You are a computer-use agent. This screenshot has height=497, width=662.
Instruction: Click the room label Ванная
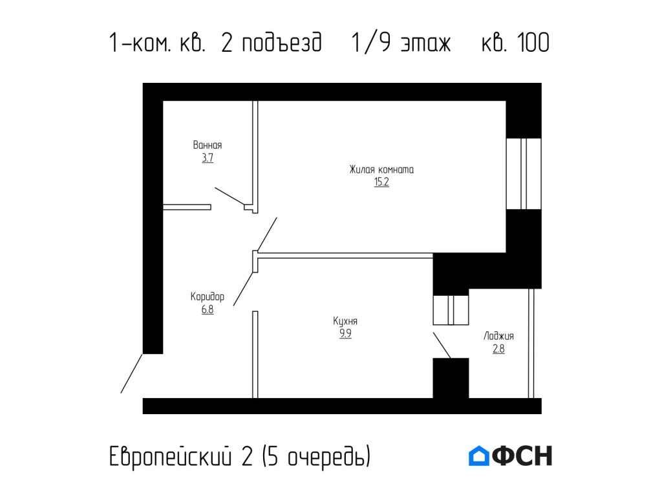tap(207, 146)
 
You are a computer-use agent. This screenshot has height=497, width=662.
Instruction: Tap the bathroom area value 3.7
tap(207, 158)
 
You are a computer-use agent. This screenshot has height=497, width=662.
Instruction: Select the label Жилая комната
tap(381, 170)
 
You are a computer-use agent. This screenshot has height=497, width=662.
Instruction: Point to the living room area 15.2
tap(381, 182)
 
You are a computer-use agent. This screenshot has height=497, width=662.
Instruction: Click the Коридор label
tap(207, 297)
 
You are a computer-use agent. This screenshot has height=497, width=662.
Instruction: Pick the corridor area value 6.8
tap(207, 309)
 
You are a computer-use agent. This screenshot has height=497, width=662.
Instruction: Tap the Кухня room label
tap(345, 322)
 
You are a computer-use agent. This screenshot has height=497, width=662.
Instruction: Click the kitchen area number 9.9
tap(345, 334)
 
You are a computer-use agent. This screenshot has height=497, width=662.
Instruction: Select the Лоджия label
tap(498, 337)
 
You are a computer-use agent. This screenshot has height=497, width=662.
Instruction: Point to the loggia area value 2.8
tap(498, 349)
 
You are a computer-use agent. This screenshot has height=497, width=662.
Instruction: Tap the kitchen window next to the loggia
tap(451, 309)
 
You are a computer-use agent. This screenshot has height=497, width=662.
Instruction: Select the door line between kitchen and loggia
tap(442, 345)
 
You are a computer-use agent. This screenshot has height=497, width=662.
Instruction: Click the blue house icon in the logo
tap(479, 456)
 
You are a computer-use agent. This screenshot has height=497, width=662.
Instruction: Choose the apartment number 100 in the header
tap(533, 43)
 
